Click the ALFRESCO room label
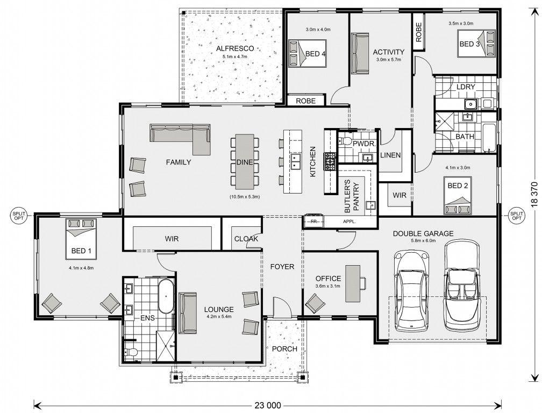pyautogui.click(x=235, y=49)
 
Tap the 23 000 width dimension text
pyautogui.click(x=268, y=405)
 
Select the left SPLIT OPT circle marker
pyautogui.click(x=19, y=216)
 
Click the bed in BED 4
pyautogui.click(x=308, y=53)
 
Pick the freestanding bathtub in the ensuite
pyautogui.click(x=166, y=296)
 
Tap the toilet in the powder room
pyautogui.click(x=345, y=140)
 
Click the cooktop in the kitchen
pyautogui.click(x=330, y=161)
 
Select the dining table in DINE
pyautogui.click(x=245, y=161)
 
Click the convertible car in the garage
pyautogui.click(x=462, y=286)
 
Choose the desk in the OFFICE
pyautogui.click(x=353, y=283)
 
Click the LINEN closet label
pyautogui.click(x=390, y=155)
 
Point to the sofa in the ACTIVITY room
pyautogui.click(x=360, y=53)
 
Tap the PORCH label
pyautogui.click(x=284, y=348)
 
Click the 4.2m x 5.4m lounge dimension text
pyautogui.click(x=219, y=316)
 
